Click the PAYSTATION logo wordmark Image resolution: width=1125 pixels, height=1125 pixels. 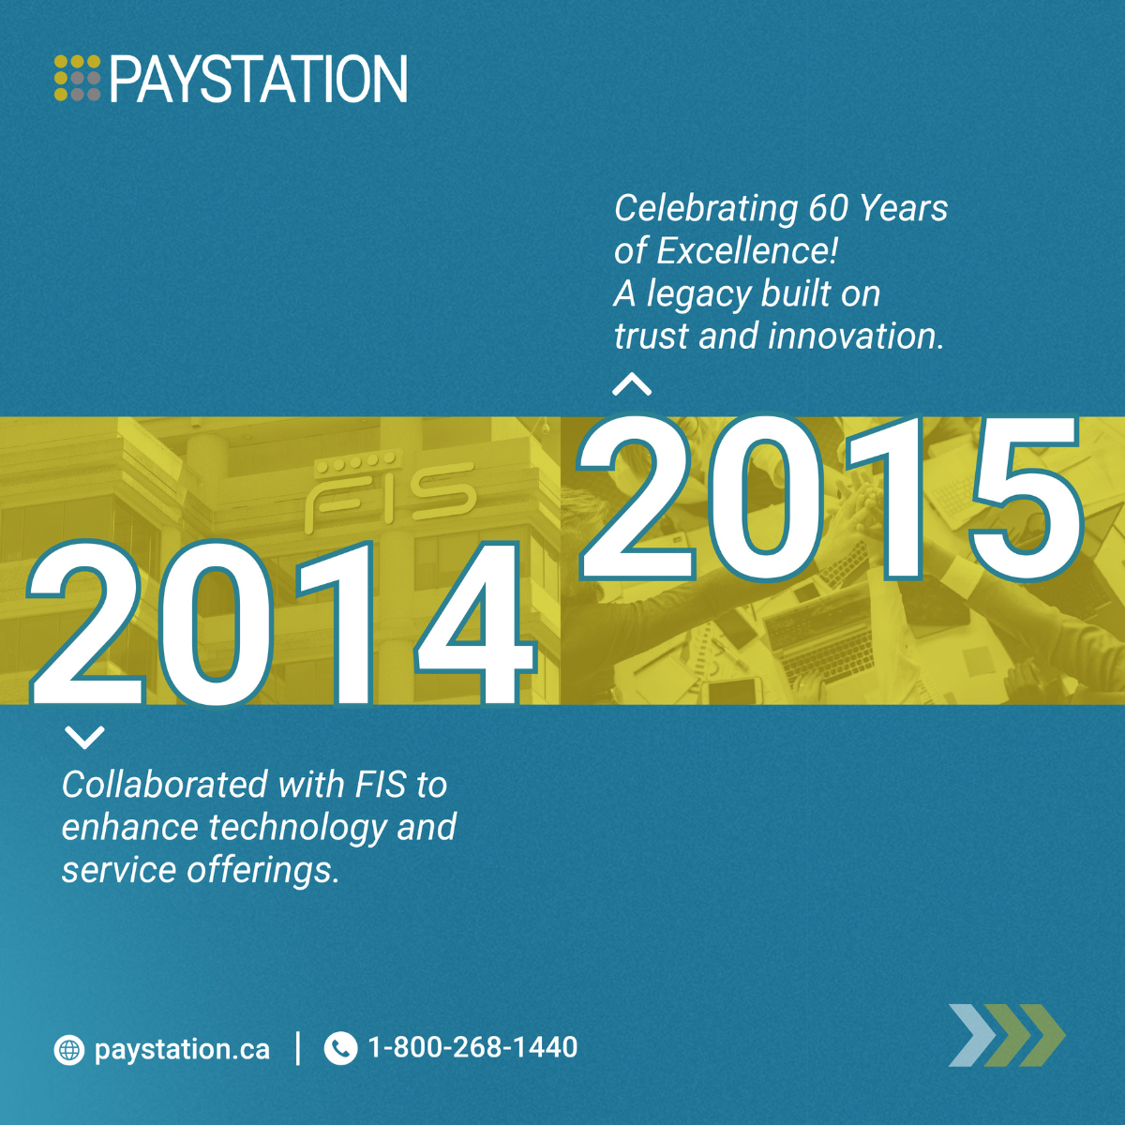259,79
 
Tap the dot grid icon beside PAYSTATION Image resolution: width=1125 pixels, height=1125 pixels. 77,78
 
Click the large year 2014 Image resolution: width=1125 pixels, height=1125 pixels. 281,622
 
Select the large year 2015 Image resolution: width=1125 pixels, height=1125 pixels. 830,498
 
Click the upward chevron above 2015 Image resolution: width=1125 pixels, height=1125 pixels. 632,384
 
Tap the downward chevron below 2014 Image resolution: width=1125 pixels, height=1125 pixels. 84,738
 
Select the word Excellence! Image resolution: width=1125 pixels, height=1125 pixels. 747,251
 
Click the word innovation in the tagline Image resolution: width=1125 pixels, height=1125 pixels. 852,337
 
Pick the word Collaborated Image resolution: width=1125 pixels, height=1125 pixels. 165,785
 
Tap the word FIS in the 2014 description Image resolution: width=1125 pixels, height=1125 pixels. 381,785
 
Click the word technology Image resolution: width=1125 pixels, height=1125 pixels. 298,829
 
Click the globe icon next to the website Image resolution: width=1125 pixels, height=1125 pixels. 68,1050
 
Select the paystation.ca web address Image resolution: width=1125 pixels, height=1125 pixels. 182,1050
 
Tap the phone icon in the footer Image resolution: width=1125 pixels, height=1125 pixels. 340,1048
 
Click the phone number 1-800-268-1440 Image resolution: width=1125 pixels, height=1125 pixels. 472,1047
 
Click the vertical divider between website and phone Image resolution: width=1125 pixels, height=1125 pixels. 298,1048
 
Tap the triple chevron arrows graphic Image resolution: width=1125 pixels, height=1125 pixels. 1007,1035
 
